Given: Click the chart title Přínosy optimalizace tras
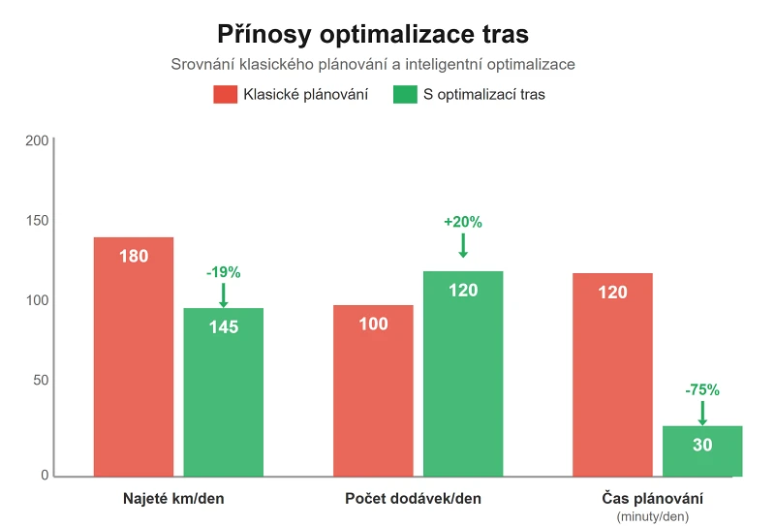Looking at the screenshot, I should pyautogui.click(x=387, y=34).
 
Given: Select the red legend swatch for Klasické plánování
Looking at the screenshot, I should pyautogui.click(x=225, y=95).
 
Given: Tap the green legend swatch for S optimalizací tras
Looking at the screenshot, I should pyautogui.click(x=404, y=95).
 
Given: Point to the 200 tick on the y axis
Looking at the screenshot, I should pyautogui.click(x=37, y=140).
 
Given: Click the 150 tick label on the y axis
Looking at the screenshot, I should pyautogui.click(x=37, y=221).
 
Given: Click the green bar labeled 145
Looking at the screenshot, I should pyautogui.click(x=224, y=392).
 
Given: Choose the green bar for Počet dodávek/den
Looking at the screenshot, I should pyautogui.click(x=463, y=374).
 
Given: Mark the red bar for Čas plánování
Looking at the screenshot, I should pyautogui.click(x=612, y=374).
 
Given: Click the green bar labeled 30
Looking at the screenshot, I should pyautogui.click(x=702, y=451).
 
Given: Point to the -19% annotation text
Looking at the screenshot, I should pyautogui.click(x=223, y=272).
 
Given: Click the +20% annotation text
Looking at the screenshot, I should pyautogui.click(x=463, y=222).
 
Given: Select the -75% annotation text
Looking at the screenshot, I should pyautogui.click(x=702, y=390).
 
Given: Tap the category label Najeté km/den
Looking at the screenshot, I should pyautogui.click(x=179, y=499).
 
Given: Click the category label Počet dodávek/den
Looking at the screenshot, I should pyautogui.click(x=413, y=499).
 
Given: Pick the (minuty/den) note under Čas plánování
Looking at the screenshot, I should pyautogui.click(x=652, y=516).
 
